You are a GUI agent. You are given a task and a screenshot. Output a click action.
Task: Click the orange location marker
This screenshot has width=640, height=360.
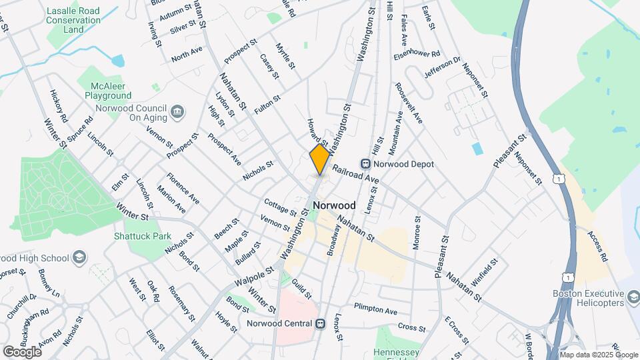point(320,159)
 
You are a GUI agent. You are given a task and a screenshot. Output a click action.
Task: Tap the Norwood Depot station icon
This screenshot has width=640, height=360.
point(365,164)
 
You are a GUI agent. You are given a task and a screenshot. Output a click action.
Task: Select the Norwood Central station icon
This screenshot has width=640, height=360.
point(320,324)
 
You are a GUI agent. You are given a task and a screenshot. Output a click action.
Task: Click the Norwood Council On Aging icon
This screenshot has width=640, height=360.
point(178,111)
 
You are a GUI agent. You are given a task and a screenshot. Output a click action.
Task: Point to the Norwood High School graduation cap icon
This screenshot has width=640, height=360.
point(79,258)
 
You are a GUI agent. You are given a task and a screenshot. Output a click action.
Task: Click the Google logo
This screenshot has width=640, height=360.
point(21,351)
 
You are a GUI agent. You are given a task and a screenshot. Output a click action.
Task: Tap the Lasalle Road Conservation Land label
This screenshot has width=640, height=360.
point(74,20)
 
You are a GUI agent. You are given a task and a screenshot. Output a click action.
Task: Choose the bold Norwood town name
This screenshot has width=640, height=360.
point(333,205)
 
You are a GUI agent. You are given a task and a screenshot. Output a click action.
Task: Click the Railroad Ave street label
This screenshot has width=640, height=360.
point(355,175)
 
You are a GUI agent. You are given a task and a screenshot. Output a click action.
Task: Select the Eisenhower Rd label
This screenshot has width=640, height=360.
point(417,54)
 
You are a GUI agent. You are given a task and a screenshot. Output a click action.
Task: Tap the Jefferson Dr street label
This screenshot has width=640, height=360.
point(443,68)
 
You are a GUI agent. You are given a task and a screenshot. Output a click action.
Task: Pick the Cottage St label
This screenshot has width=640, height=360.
point(279,207)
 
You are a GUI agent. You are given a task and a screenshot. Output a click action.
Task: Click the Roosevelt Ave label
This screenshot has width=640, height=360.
point(409,103)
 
